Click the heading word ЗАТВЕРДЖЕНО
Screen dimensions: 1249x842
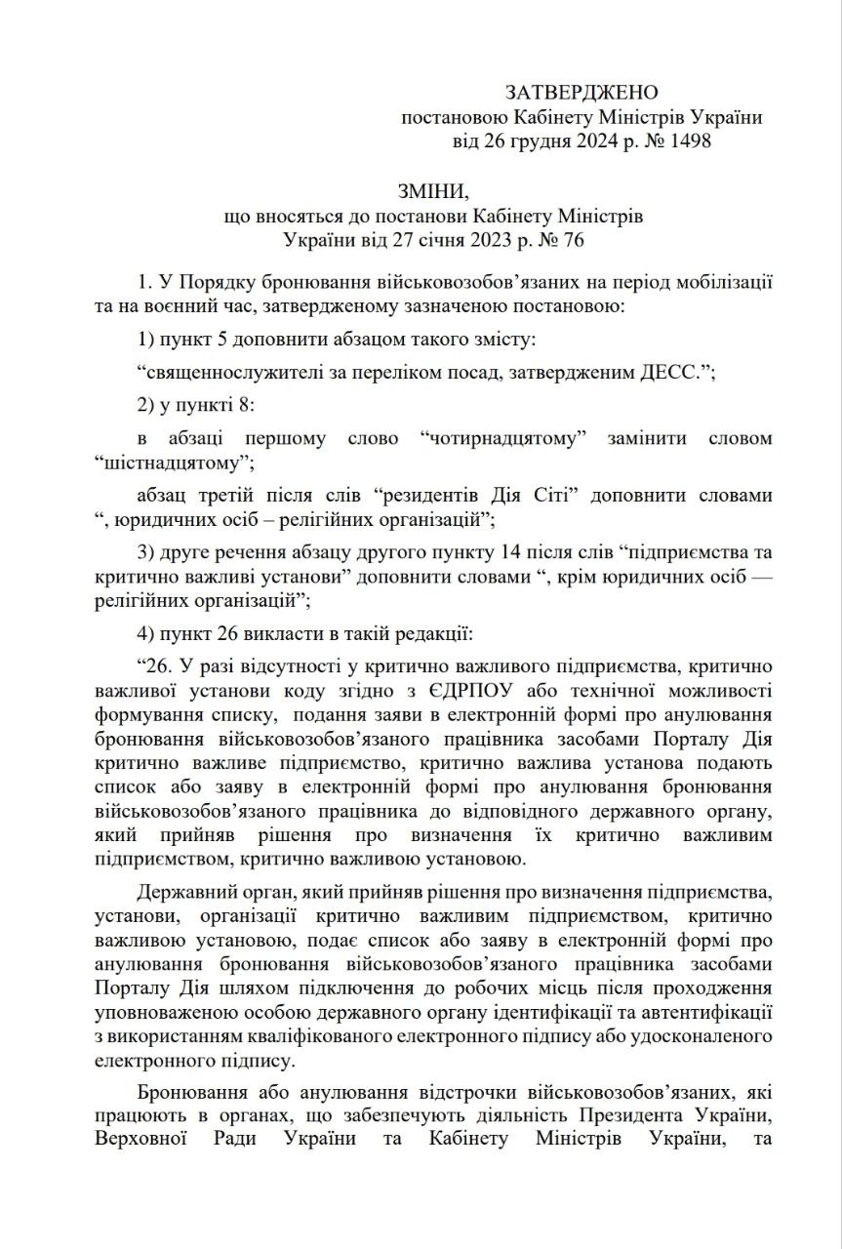[581, 93]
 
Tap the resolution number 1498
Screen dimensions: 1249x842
[687, 141]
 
